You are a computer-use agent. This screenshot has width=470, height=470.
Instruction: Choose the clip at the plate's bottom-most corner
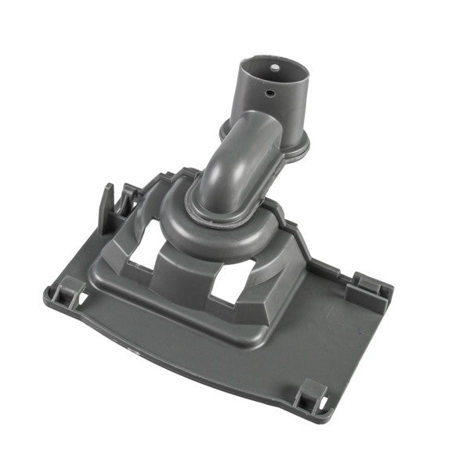(x=314, y=391)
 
